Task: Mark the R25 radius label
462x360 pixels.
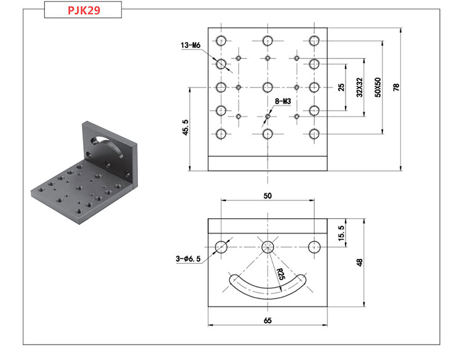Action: click(x=280, y=274)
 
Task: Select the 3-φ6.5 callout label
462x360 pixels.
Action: click(x=188, y=260)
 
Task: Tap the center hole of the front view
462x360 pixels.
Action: click(x=267, y=247)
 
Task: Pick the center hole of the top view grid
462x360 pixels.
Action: click(x=267, y=87)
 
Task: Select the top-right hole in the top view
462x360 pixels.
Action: click(x=314, y=41)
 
